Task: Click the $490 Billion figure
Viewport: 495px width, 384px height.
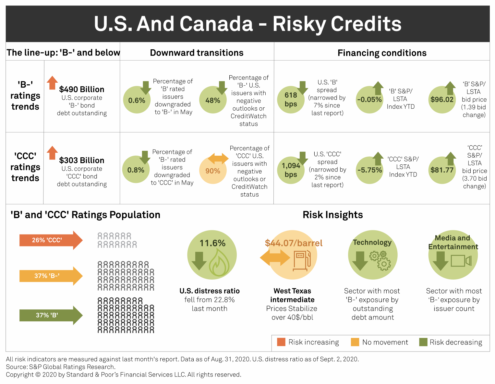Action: tap(82, 89)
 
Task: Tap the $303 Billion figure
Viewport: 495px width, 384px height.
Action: tap(82, 160)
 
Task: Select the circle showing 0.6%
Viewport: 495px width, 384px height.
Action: tap(137, 100)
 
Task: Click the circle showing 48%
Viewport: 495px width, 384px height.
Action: tap(213, 100)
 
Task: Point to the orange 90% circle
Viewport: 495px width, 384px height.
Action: tap(213, 171)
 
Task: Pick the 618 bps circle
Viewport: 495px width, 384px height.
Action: tap(291, 100)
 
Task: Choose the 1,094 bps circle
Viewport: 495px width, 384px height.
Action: tap(291, 170)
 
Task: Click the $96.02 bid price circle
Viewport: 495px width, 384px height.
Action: tap(442, 100)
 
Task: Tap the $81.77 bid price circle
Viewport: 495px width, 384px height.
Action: tap(442, 170)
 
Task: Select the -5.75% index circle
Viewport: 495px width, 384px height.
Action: tap(369, 170)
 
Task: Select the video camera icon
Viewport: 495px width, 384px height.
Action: tap(461, 260)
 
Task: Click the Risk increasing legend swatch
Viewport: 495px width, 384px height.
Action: tap(281, 342)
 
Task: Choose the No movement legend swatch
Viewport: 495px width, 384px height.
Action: tap(355, 342)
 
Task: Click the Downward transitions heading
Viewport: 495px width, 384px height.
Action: tap(197, 53)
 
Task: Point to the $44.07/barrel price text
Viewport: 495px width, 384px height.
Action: tap(294, 243)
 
